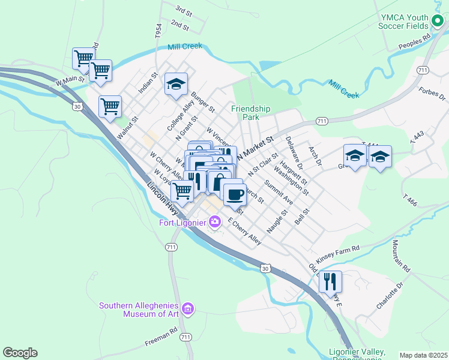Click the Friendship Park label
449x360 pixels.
pyautogui.click(x=251, y=113)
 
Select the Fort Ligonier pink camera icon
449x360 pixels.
pyautogui.click(x=215, y=223)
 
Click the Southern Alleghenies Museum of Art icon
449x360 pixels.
pyautogui.click(x=188, y=309)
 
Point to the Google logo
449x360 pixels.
pyautogui.click(x=20, y=353)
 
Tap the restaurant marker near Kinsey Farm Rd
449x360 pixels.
pyautogui.click(x=330, y=281)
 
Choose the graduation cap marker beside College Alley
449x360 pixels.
pyautogui.click(x=176, y=85)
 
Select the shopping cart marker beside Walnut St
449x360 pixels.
pyautogui.click(x=110, y=107)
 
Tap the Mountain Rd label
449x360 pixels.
pyautogui.click(x=401, y=255)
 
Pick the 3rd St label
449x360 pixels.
pyautogui.click(x=183, y=11)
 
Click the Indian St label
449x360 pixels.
pyautogui.click(x=147, y=83)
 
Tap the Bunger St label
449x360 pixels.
pyautogui.click(x=203, y=102)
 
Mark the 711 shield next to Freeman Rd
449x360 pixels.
pyautogui.click(x=186, y=338)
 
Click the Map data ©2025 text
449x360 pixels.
pyautogui.click(x=423, y=355)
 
